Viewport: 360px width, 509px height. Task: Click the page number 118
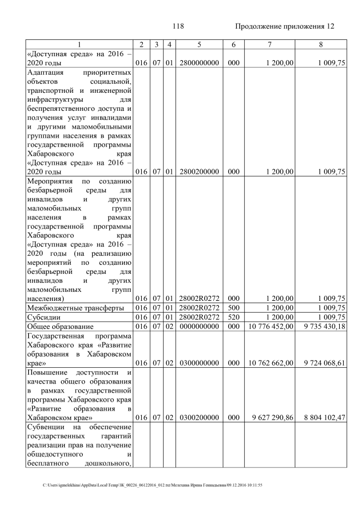(178, 26)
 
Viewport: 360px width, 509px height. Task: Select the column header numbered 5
(199, 44)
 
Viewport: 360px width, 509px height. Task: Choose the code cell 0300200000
(199, 418)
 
